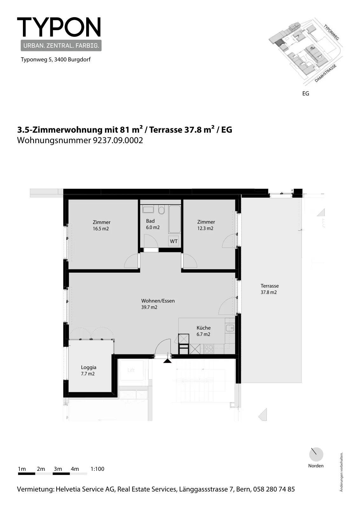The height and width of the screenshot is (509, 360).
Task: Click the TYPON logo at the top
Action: [x=59, y=27]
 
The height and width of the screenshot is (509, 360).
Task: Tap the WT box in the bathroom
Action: [x=174, y=241]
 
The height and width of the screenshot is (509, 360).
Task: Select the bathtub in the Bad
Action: [x=175, y=219]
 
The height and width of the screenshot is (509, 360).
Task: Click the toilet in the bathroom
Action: [x=162, y=210]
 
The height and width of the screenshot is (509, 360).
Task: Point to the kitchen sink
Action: [x=230, y=328]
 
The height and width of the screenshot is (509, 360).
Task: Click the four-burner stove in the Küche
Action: [x=209, y=349]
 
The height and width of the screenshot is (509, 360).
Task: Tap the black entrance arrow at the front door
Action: [x=167, y=361]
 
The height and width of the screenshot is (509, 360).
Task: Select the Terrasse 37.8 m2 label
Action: [x=270, y=289]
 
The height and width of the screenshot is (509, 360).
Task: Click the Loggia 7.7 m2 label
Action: [x=89, y=370]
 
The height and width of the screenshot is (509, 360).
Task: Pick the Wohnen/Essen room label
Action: [x=158, y=301]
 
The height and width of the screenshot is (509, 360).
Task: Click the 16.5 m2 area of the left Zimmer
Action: [x=100, y=229]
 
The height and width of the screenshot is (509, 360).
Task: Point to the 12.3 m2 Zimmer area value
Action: [x=205, y=228]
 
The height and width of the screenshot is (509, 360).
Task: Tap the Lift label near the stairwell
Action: [x=131, y=370]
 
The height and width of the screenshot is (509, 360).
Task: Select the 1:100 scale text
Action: [x=97, y=469]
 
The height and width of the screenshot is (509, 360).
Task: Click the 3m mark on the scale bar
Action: [x=58, y=469]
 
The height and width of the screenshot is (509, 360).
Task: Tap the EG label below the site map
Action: [x=306, y=94]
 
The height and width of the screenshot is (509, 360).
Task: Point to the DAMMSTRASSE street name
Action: [x=325, y=73]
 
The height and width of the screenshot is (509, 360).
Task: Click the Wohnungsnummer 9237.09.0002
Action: [x=80, y=140]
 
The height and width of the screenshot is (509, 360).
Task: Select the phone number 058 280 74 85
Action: [x=274, y=489]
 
